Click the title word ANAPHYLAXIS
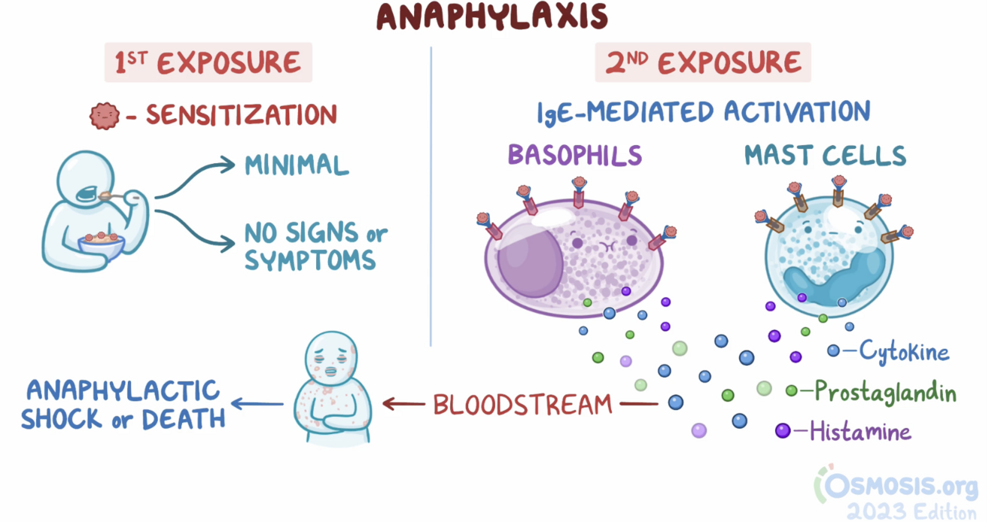(x=492, y=17)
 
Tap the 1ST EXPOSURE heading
(x=208, y=64)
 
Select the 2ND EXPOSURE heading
(x=703, y=63)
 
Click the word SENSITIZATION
(x=241, y=115)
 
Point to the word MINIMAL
(x=297, y=165)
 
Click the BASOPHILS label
(x=575, y=155)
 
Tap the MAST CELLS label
(x=825, y=155)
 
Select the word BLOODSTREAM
(x=522, y=405)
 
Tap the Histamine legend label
(x=860, y=432)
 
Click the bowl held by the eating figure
(x=101, y=247)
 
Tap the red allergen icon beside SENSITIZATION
(x=105, y=116)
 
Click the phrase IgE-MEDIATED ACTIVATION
(x=703, y=113)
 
